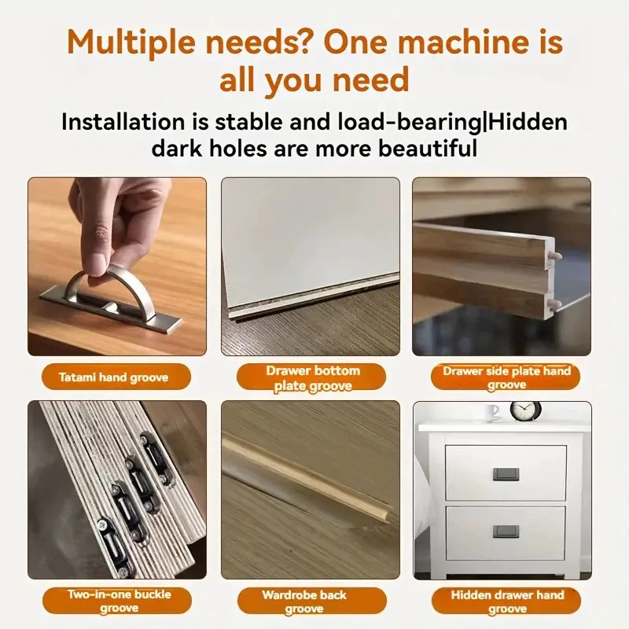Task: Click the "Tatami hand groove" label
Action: [113, 377]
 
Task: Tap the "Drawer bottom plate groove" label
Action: [313, 378]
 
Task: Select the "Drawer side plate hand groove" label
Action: [506, 377]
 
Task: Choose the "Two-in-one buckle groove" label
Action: [120, 601]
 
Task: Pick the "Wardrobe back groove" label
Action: [304, 601]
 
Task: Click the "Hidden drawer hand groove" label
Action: [507, 601]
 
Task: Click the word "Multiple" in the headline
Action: [131, 42]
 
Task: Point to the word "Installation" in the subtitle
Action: [123, 122]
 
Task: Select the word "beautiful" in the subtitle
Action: [428, 148]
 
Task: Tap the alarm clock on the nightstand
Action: [525, 411]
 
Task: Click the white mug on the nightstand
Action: [494, 413]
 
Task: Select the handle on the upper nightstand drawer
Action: [506, 474]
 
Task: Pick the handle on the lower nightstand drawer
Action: [506, 532]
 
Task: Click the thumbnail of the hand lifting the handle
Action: [117, 267]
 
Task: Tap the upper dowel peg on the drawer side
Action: [555, 256]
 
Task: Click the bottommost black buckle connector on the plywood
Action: [113, 543]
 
